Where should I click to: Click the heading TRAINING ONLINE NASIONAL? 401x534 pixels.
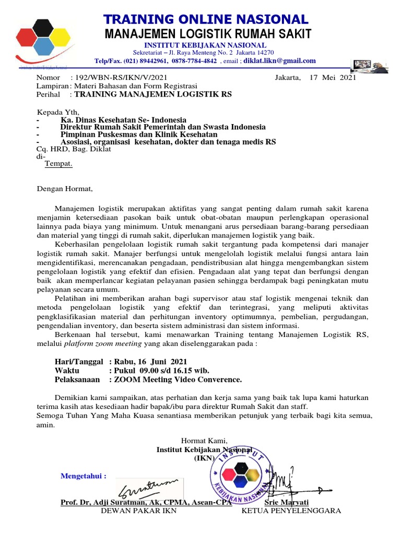(206, 19)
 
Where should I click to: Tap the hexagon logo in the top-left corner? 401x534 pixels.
(42, 39)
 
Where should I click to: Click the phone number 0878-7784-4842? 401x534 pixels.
(194, 60)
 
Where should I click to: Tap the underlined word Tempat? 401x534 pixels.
(58, 164)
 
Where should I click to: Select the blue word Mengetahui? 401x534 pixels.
(83, 476)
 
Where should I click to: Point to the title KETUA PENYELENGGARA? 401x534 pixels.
(291, 511)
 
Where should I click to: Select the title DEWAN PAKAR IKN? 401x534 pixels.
(138, 511)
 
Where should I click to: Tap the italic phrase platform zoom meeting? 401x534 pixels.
(103, 344)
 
